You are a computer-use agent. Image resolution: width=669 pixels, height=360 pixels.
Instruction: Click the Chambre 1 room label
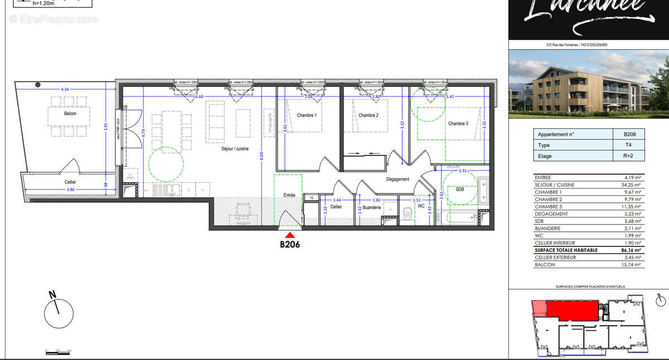coord(306,115)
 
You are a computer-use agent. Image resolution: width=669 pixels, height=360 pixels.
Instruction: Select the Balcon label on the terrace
coord(70,113)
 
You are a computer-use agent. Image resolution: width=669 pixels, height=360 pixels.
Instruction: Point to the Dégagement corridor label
coord(398,179)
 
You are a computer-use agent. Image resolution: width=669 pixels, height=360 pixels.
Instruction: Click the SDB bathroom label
coord(459,189)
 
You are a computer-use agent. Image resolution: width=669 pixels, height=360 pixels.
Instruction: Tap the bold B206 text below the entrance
coord(290,244)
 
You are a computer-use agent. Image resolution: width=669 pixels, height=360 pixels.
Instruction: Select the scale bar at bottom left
coord(58,351)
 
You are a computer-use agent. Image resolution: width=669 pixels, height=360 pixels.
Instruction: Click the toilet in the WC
coord(408,212)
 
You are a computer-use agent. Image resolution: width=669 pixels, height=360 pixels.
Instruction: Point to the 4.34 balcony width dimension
coord(65,89)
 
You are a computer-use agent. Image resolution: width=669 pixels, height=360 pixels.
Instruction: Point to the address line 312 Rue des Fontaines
coord(576,45)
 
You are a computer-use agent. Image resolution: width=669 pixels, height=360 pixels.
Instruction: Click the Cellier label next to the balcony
coord(70,182)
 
